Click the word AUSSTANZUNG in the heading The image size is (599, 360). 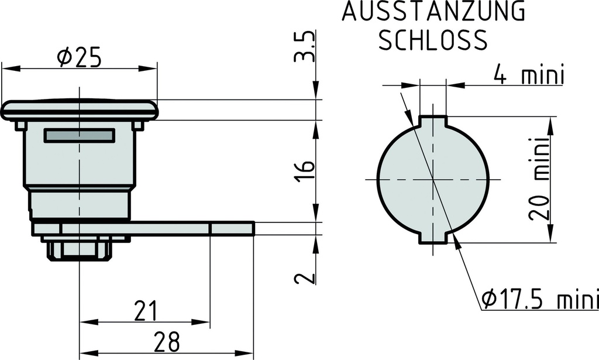433,12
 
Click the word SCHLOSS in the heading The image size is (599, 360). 433,40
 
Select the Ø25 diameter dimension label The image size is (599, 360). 79,57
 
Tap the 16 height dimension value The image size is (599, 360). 305,170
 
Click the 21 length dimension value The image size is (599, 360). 144,311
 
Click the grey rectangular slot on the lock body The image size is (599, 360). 80,136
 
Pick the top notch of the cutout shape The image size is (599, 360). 433,121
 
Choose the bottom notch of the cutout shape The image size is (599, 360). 433,238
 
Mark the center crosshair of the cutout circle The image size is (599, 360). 433,179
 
